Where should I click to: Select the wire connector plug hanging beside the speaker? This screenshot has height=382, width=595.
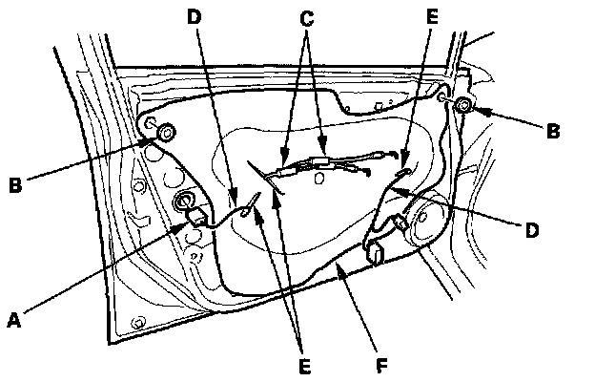tap(376, 254)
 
